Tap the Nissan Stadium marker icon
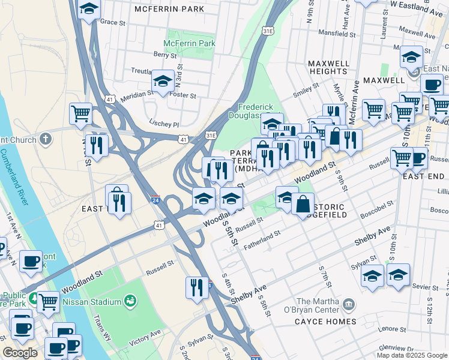(x=130, y=299)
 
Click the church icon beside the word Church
(x=46, y=139)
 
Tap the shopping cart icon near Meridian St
(x=80, y=113)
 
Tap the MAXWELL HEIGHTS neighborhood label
(x=328, y=67)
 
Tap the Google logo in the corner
(x=20, y=353)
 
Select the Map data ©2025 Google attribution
(x=411, y=355)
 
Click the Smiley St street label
(x=305, y=89)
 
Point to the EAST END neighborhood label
(x=423, y=176)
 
